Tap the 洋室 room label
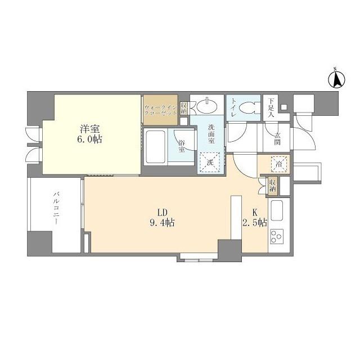tap(90, 129)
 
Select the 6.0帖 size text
tap(89, 139)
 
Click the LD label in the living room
tap(162, 213)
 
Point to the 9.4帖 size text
tap(162, 222)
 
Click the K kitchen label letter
tap(255, 213)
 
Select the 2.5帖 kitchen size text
tap(255, 222)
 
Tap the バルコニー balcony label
tap(56, 209)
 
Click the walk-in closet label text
tap(161, 110)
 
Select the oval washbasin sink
tap(208, 107)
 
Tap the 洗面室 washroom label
tap(211, 134)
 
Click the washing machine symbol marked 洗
tap(210, 162)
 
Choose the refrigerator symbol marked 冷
tap(279, 164)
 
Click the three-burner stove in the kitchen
tap(277, 236)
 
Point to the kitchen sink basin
tap(277, 210)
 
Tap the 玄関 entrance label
tap(277, 139)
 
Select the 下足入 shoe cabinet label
tap(271, 107)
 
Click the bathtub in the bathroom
tap(156, 147)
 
